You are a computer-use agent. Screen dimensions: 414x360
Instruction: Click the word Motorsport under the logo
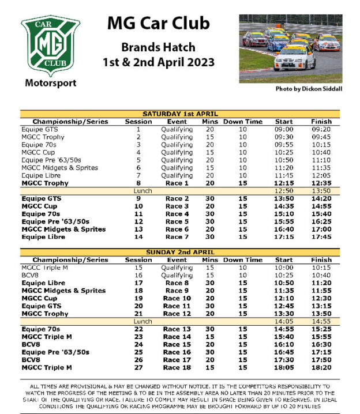pyautogui.click(x=50, y=83)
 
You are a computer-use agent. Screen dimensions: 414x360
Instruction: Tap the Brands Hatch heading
pyautogui.click(x=158, y=47)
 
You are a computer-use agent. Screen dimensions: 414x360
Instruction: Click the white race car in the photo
pyautogui.click(x=294, y=57)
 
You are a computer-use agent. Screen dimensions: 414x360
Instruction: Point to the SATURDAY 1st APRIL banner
pyautogui.click(x=179, y=114)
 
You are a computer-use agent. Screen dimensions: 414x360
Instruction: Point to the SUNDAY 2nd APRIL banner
pyautogui.click(x=179, y=252)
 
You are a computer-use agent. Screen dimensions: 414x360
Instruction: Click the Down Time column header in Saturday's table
pyautogui.click(x=243, y=122)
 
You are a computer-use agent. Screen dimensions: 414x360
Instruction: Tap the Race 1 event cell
pyautogui.click(x=177, y=183)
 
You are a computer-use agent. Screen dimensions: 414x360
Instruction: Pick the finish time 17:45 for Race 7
pyautogui.click(x=321, y=236)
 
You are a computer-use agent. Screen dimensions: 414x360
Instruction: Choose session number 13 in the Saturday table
pyautogui.click(x=138, y=229)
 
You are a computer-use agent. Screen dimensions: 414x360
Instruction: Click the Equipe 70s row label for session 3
pyautogui.click(x=36, y=145)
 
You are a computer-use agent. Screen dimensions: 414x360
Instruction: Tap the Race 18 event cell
pyautogui.click(x=177, y=367)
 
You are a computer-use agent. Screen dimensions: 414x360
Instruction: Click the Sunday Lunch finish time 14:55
pyautogui.click(x=321, y=321)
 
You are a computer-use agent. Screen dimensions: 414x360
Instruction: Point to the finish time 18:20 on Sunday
pyautogui.click(x=321, y=367)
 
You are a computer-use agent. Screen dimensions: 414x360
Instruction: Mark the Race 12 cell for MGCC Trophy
pyautogui.click(x=177, y=313)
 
